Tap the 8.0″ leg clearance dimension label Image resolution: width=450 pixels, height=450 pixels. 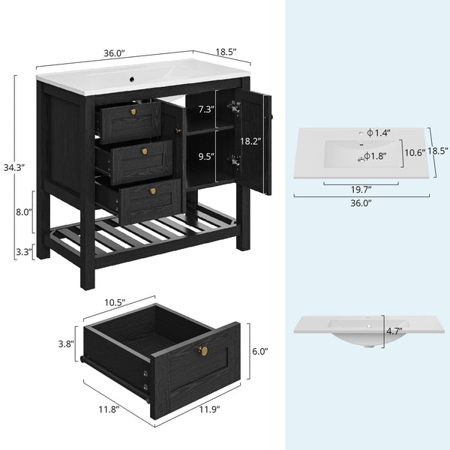(x=23, y=212)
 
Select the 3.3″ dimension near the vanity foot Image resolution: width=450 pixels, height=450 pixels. (x=23, y=252)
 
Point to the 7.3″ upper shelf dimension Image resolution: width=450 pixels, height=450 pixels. (x=207, y=109)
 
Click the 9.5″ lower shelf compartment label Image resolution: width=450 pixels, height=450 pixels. (x=207, y=157)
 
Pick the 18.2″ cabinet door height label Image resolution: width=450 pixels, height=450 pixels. (x=250, y=141)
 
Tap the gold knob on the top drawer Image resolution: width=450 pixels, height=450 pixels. (x=133, y=112)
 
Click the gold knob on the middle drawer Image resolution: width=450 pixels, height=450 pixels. (x=144, y=151)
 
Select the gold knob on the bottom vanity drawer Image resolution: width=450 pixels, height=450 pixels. (x=153, y=191)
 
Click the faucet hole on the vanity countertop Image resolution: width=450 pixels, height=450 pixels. (x=132, y=79)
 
